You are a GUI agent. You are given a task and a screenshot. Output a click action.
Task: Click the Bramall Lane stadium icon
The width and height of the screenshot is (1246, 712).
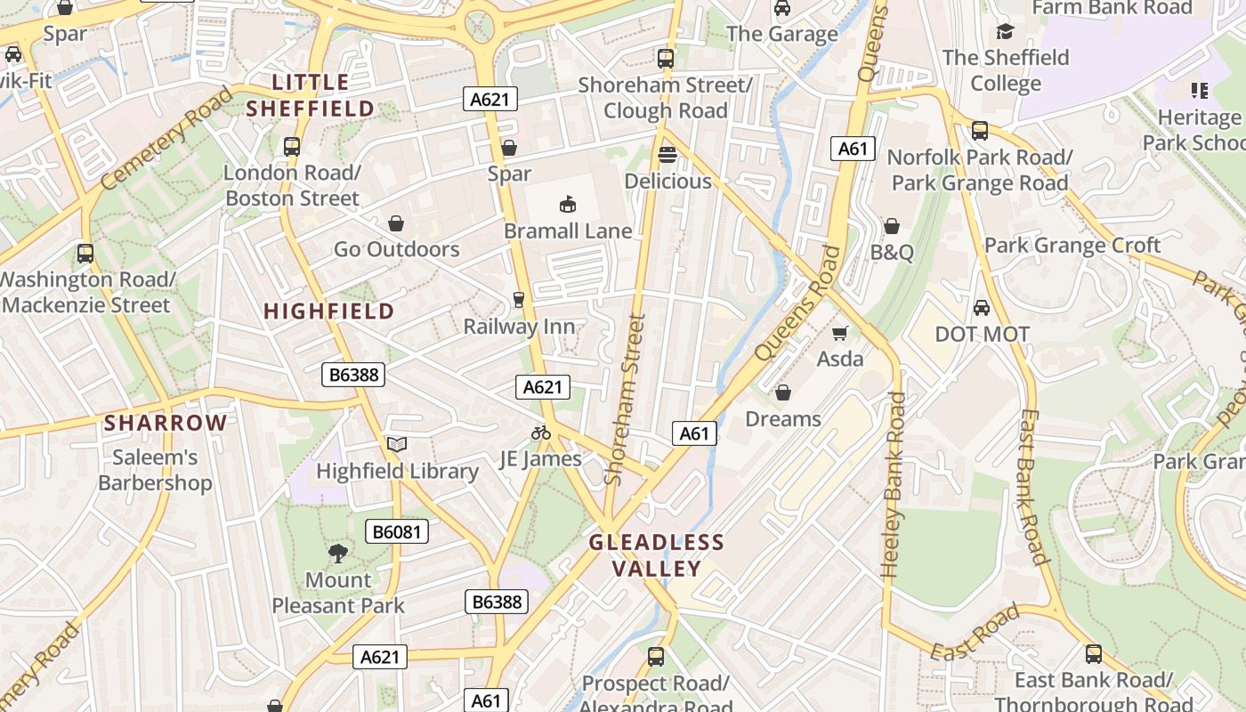click(568, 206)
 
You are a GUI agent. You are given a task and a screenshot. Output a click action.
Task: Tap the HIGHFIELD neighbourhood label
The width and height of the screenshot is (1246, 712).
click(329, 311)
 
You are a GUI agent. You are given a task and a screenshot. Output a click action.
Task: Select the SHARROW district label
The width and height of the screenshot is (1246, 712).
click(166, 423)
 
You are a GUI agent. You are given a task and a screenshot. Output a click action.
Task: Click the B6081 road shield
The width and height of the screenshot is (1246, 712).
click(397, 532)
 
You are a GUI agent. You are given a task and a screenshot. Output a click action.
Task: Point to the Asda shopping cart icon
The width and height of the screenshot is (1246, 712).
click(839, 334)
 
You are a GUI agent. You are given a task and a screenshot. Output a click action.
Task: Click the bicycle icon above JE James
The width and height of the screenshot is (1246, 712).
click(540, 433)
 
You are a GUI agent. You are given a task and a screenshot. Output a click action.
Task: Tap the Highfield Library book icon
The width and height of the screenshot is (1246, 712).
click(396, 445)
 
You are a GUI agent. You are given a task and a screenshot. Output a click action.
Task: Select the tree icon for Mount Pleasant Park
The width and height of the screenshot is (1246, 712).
click(337, 554)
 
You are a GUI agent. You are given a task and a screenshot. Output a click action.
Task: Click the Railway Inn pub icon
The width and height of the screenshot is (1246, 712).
click(519, 300)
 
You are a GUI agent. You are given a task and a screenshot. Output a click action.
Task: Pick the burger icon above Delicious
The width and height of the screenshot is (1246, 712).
click(667, 155)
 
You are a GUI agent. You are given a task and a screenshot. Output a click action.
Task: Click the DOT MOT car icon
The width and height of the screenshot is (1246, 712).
click(982, 308)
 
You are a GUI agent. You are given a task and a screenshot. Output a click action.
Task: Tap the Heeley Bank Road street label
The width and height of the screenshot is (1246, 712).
click(893, 485)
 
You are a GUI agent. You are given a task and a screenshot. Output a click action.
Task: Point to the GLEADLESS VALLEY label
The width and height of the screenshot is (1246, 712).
click(657, 555)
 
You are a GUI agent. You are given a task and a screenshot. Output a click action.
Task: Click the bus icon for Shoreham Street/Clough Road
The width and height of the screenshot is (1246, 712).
click(665, 59)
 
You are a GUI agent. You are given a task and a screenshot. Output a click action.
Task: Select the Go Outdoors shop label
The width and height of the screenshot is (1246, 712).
click(397, 249)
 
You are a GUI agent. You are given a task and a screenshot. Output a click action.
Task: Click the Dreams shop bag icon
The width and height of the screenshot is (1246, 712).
click(783, 392)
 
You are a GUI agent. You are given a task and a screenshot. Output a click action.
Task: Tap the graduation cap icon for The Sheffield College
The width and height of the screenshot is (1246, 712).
click(1005, 31)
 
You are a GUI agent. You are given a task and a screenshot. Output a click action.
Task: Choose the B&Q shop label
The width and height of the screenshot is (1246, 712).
click(892, 253)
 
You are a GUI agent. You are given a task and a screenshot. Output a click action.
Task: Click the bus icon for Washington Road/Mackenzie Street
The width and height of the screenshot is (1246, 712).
click(85, 254)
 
